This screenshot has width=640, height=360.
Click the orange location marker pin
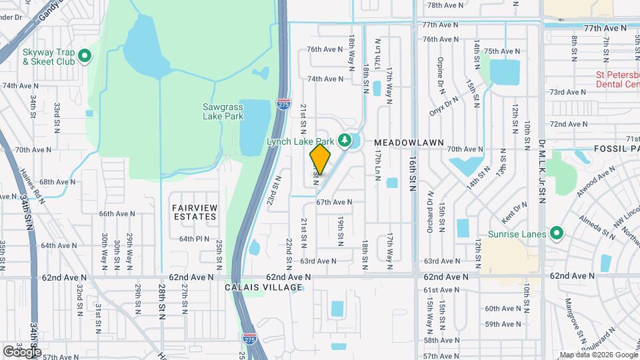click(x=320, y=159)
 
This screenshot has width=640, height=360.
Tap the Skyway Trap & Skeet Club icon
click(x=85, y=56)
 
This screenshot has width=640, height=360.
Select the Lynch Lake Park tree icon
click(x=345, y=140)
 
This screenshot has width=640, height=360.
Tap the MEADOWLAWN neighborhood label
click(x=405, y=143)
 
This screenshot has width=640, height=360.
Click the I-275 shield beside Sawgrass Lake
click(x=283, y=103)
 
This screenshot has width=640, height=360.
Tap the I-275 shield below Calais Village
click(x=249, y=339)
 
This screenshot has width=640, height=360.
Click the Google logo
click(x=22, y=351)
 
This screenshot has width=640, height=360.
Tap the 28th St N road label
click(x=162, y=302)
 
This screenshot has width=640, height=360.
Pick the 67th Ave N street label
click(x=333, y=202)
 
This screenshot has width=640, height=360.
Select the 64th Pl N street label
click(x=195, y=239)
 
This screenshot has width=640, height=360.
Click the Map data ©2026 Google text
click(x=597, y=355)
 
